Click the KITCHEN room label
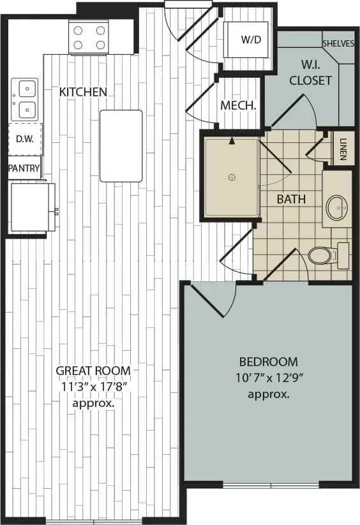[x=83, y=92]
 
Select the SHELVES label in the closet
[x=338, y=43]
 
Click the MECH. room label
[x=238, y=106]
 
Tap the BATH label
[x=291, y=199]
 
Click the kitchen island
[x=121, y=145]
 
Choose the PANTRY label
[x=24, y=169]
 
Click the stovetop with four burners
[x=89, y=36]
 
